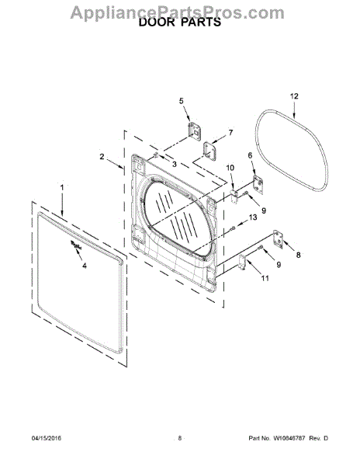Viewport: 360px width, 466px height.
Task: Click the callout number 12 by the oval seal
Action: pyautogui.click(x=294, y=96)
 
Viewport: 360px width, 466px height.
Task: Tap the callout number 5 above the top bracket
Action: pyautogui.click(x=182, y=101)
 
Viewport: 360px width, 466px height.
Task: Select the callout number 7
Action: pyautogui.click(x=230, y=133)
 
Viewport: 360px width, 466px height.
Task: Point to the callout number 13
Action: pyautogui.click(x=253, y=217)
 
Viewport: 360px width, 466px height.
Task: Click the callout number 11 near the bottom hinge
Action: pyautogui.click(x=265, y=278)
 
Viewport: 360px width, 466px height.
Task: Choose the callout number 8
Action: pyautogui.click(x=298, y=255)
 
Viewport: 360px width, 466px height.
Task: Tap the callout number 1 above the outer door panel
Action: pyautogui.click(x=62, y=188)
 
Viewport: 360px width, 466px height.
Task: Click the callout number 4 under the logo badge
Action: pyautogui.click(x=85, y=266)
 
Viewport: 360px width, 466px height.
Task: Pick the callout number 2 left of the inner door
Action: pyautogui.click(x=102, y=156)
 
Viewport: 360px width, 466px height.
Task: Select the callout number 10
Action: pyautogui.click(x=230, y=168)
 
